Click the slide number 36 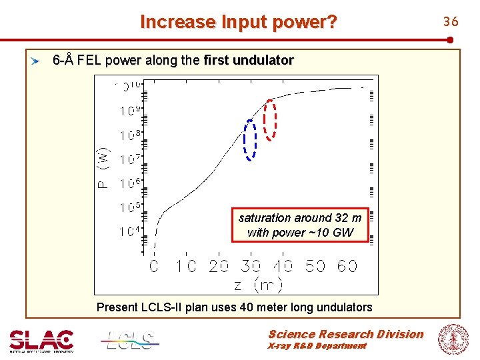[451, 22]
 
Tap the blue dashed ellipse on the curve [250, 140]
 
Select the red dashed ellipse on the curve [269, 120]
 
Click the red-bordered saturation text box [300, 225]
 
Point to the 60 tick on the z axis [347, 266]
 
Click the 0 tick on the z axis [154, 266]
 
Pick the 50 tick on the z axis [315, 266]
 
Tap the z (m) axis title [258, 285]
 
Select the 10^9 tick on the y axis [130, 110]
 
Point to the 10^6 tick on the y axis [130, 183]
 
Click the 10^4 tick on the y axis [130, 231]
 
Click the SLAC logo [41, 340]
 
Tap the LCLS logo [131, 340]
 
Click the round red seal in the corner [453, 339]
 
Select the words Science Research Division [345, 334]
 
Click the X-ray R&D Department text [317, 346]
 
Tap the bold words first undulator [249, 61]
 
